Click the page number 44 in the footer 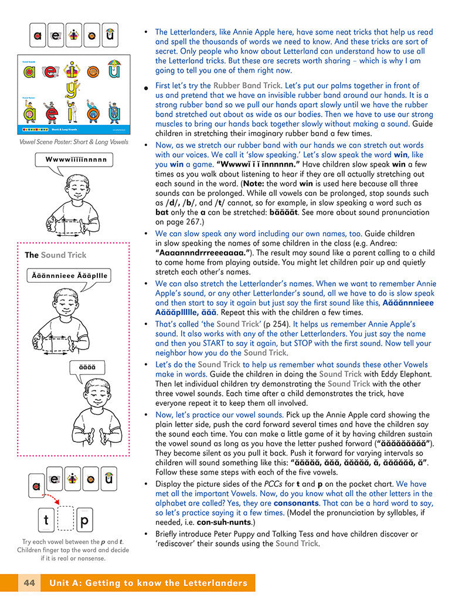(30, 583)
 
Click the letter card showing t (46, 520)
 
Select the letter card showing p (84, 520)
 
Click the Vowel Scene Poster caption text (73, 142)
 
